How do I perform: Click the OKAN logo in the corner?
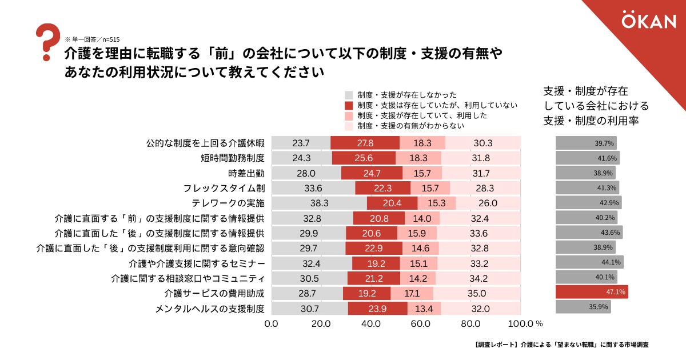click(648, 22)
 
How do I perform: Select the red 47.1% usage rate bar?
click(592, 292)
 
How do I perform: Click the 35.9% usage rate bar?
click(583, 307)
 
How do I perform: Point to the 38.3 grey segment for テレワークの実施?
click(319, 203)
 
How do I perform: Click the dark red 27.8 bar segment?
click(365, 143)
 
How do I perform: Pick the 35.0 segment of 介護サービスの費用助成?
click(477, 293)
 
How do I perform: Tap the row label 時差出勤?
click(246, 173)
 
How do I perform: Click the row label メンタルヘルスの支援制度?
click(210, 309)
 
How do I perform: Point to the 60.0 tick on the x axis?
click(421, 324)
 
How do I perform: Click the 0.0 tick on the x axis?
click(272, 324)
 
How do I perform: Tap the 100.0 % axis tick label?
click(524, 324)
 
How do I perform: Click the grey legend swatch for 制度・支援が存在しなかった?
click(349, 95)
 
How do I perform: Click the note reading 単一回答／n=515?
click(92, 39)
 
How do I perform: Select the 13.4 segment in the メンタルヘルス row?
click(424, 309)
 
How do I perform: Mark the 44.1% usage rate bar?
click(589, 262)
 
